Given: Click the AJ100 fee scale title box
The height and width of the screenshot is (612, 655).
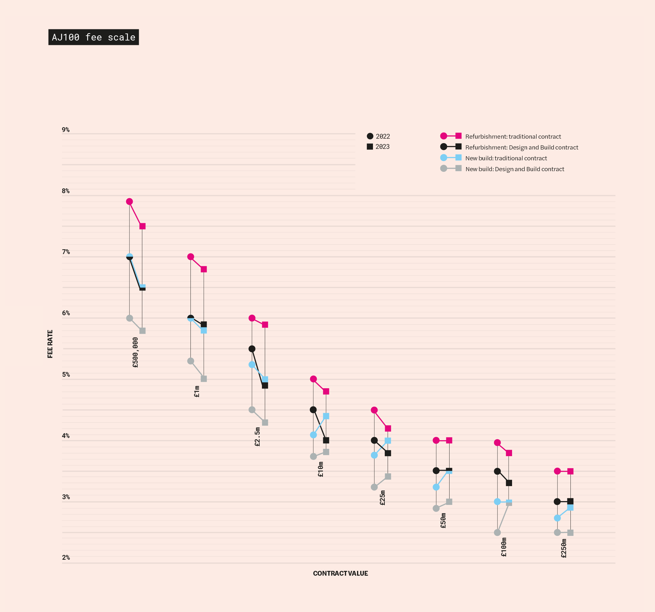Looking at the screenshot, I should tap(93, 37).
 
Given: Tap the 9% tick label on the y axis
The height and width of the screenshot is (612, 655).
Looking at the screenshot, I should tap(66, 130).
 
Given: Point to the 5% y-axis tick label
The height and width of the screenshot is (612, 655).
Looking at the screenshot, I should tap(66, 374).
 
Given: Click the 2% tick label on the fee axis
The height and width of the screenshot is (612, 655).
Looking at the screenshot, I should tap(66, 557).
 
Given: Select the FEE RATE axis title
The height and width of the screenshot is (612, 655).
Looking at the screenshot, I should tap(50, 344).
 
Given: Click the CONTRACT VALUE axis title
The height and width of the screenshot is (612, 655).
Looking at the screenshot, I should tap(340, 573).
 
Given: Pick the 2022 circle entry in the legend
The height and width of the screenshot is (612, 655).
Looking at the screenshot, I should tap(378, 136).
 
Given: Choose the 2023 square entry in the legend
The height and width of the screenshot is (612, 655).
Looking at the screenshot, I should tap(378, 147).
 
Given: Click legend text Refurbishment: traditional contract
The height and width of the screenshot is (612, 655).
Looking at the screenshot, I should tap(513, 137).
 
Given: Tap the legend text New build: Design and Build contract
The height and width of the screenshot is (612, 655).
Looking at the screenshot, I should tap(515, 169).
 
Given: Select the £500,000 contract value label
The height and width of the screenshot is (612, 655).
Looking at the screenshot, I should tap(135, 352).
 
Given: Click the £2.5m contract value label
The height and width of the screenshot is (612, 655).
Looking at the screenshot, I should tap(257, 437).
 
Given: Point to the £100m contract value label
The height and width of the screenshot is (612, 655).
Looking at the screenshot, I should tap(504, 547).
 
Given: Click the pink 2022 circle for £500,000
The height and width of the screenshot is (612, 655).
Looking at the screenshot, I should tap(130, 201).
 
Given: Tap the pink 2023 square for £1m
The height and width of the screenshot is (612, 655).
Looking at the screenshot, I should tap(204, 269).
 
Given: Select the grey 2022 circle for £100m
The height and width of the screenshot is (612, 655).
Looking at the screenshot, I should tap(497, 532).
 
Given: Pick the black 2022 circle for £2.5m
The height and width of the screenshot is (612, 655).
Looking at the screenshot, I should tap(252, 349).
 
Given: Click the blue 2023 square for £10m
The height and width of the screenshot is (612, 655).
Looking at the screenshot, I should tap(326, 416).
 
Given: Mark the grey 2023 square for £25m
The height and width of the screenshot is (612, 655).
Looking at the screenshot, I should tap(388, 476).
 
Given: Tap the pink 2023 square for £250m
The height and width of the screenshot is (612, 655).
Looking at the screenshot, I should tap(570, 471).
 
